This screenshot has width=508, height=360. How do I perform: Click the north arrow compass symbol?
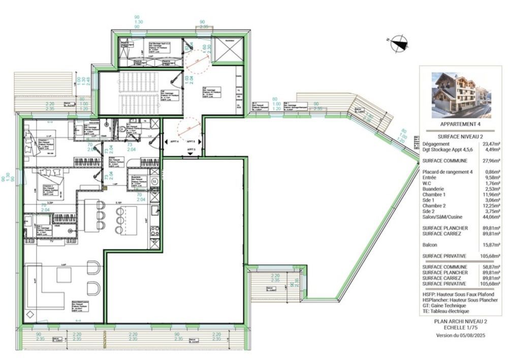399,43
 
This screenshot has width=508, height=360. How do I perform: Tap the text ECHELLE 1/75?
460,328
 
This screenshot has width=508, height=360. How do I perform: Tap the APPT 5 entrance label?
190,149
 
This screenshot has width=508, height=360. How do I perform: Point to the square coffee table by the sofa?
65,275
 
